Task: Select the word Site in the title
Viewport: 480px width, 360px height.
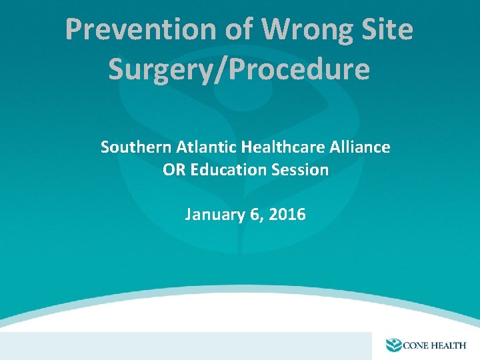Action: click(389, 30)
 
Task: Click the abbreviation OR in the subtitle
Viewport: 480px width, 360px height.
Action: click(174, 170)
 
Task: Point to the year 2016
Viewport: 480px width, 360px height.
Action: click(288, 215)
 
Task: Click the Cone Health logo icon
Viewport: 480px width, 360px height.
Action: click(395, 345)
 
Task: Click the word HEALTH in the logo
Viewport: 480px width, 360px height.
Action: click(451, 345)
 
